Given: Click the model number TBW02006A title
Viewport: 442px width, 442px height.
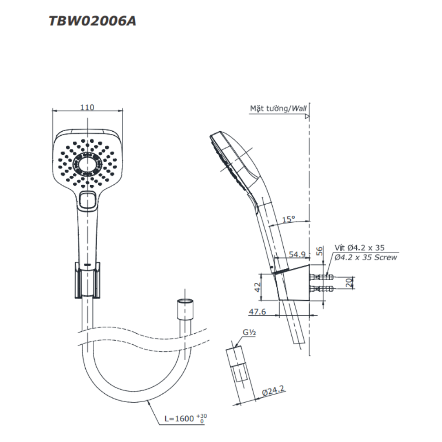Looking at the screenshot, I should coord(92,21).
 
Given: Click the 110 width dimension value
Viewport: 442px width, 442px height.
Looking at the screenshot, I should coord(87,107).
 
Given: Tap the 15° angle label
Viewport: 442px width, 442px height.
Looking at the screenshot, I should coord(289,219).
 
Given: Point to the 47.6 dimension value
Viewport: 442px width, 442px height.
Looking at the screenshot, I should coord(257,312).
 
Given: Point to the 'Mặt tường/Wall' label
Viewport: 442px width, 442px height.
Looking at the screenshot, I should coord(278,108).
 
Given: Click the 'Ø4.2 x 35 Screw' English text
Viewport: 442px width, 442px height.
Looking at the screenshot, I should coord(366,257).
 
